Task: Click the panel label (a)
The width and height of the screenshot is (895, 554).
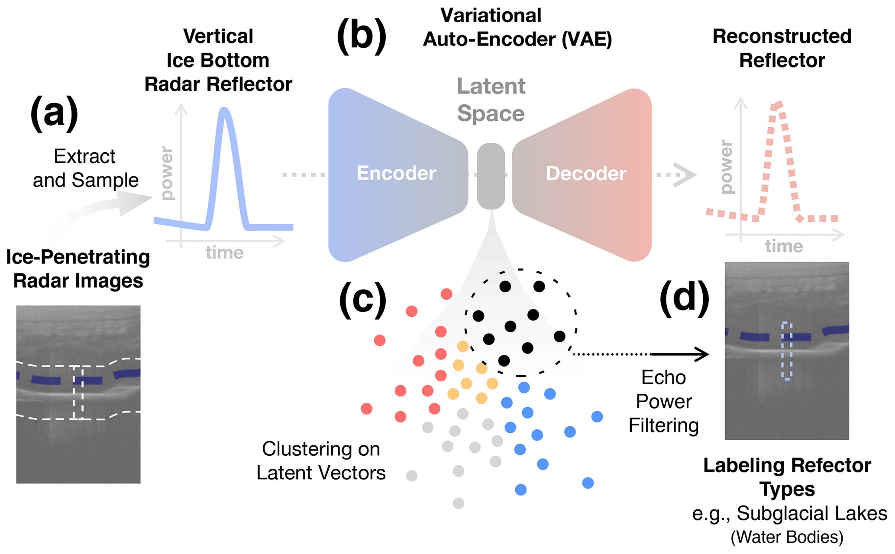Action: coord(54,113)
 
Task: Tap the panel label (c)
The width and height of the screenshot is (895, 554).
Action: coord(363,300)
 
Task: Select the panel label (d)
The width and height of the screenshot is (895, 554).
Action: coord(684,297)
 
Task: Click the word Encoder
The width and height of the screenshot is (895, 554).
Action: coord(396,174)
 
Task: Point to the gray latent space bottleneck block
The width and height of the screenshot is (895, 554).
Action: coord(491,176)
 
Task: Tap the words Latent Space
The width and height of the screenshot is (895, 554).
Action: coord(491,100)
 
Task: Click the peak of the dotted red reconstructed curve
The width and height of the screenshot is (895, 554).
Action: coord(778,105)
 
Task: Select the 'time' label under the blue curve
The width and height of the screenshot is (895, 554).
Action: coord(224,252)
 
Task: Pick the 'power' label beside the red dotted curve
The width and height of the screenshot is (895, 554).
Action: coord(727,167)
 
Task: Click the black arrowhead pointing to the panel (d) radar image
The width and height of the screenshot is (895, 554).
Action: coord(702,354)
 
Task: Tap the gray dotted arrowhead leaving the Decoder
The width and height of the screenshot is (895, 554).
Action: coord(686,175)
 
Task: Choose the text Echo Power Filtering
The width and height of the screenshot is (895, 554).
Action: coord(663,402)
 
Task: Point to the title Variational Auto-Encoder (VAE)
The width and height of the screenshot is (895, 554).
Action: coord(517,27)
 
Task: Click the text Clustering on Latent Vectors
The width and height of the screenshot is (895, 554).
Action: coord(321,461)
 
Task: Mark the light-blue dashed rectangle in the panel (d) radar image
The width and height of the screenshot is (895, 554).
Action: coord(787,351)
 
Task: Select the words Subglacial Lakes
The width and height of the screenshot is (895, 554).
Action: coord(811,514)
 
